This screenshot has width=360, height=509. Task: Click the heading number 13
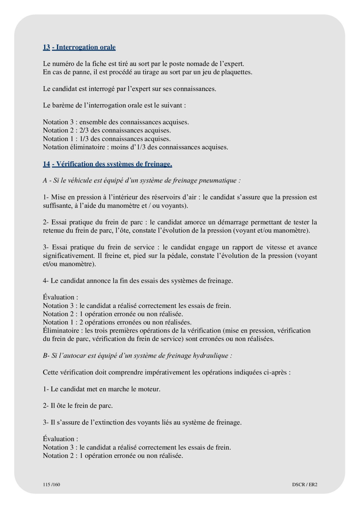46,47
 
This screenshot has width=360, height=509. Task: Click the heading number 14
46,164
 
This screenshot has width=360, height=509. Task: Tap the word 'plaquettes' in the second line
236,72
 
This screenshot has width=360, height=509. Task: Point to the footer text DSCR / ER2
305,484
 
